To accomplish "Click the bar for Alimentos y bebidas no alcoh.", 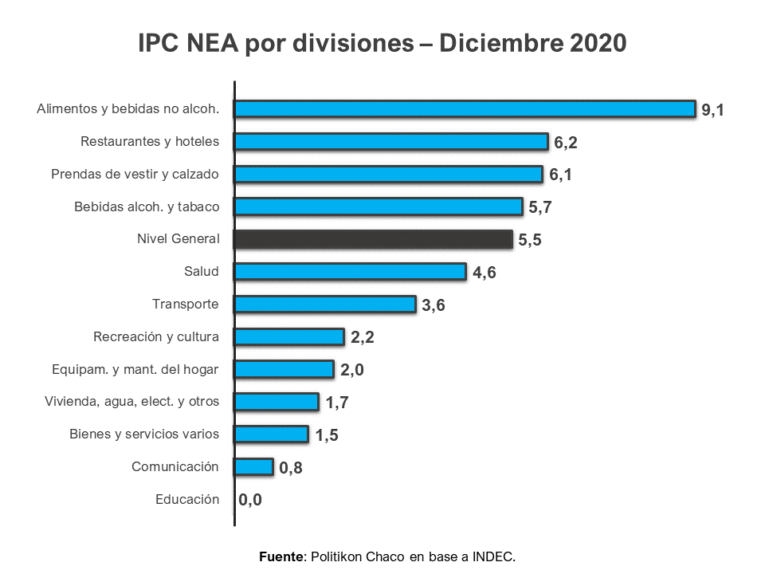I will click(465, 108).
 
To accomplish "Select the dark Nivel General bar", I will click(373, 239).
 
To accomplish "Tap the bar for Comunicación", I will click(254, 467).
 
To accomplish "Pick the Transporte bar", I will click(325, 305).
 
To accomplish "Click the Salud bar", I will click(350, 272).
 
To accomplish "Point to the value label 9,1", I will click(712, 110).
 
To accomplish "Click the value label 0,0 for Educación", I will click(250, 501).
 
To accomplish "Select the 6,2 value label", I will click(566, 143).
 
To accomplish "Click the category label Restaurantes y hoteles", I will click(150, 141).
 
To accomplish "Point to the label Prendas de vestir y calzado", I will click(135, 174).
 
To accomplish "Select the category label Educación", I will click(187, 500).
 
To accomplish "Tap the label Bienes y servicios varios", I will click(144, 434).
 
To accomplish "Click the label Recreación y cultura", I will click(156, 336).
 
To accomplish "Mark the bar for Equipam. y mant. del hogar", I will click(284, 369).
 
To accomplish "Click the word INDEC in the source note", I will click(494, 556).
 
